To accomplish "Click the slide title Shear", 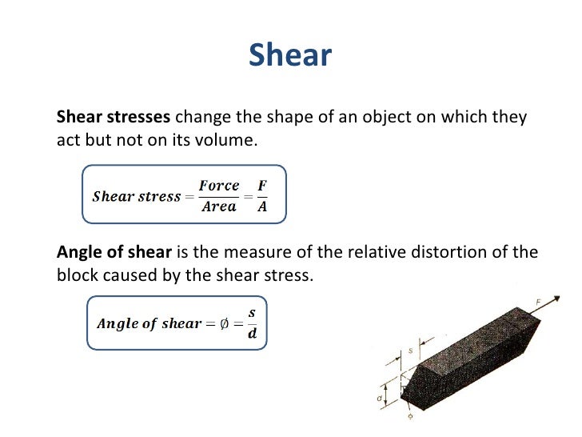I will point(289,55).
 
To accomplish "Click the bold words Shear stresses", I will point(113,118).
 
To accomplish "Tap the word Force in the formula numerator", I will point(219,186).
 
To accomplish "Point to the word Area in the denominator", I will point(219,206).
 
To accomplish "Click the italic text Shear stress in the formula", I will point(137,197).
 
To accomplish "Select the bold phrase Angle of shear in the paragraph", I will point(114,252).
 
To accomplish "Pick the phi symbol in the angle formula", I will point(225,323).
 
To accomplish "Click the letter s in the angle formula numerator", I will point(253,312).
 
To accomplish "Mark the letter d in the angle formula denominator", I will point(253,334).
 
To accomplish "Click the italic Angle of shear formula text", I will point(149,323).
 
